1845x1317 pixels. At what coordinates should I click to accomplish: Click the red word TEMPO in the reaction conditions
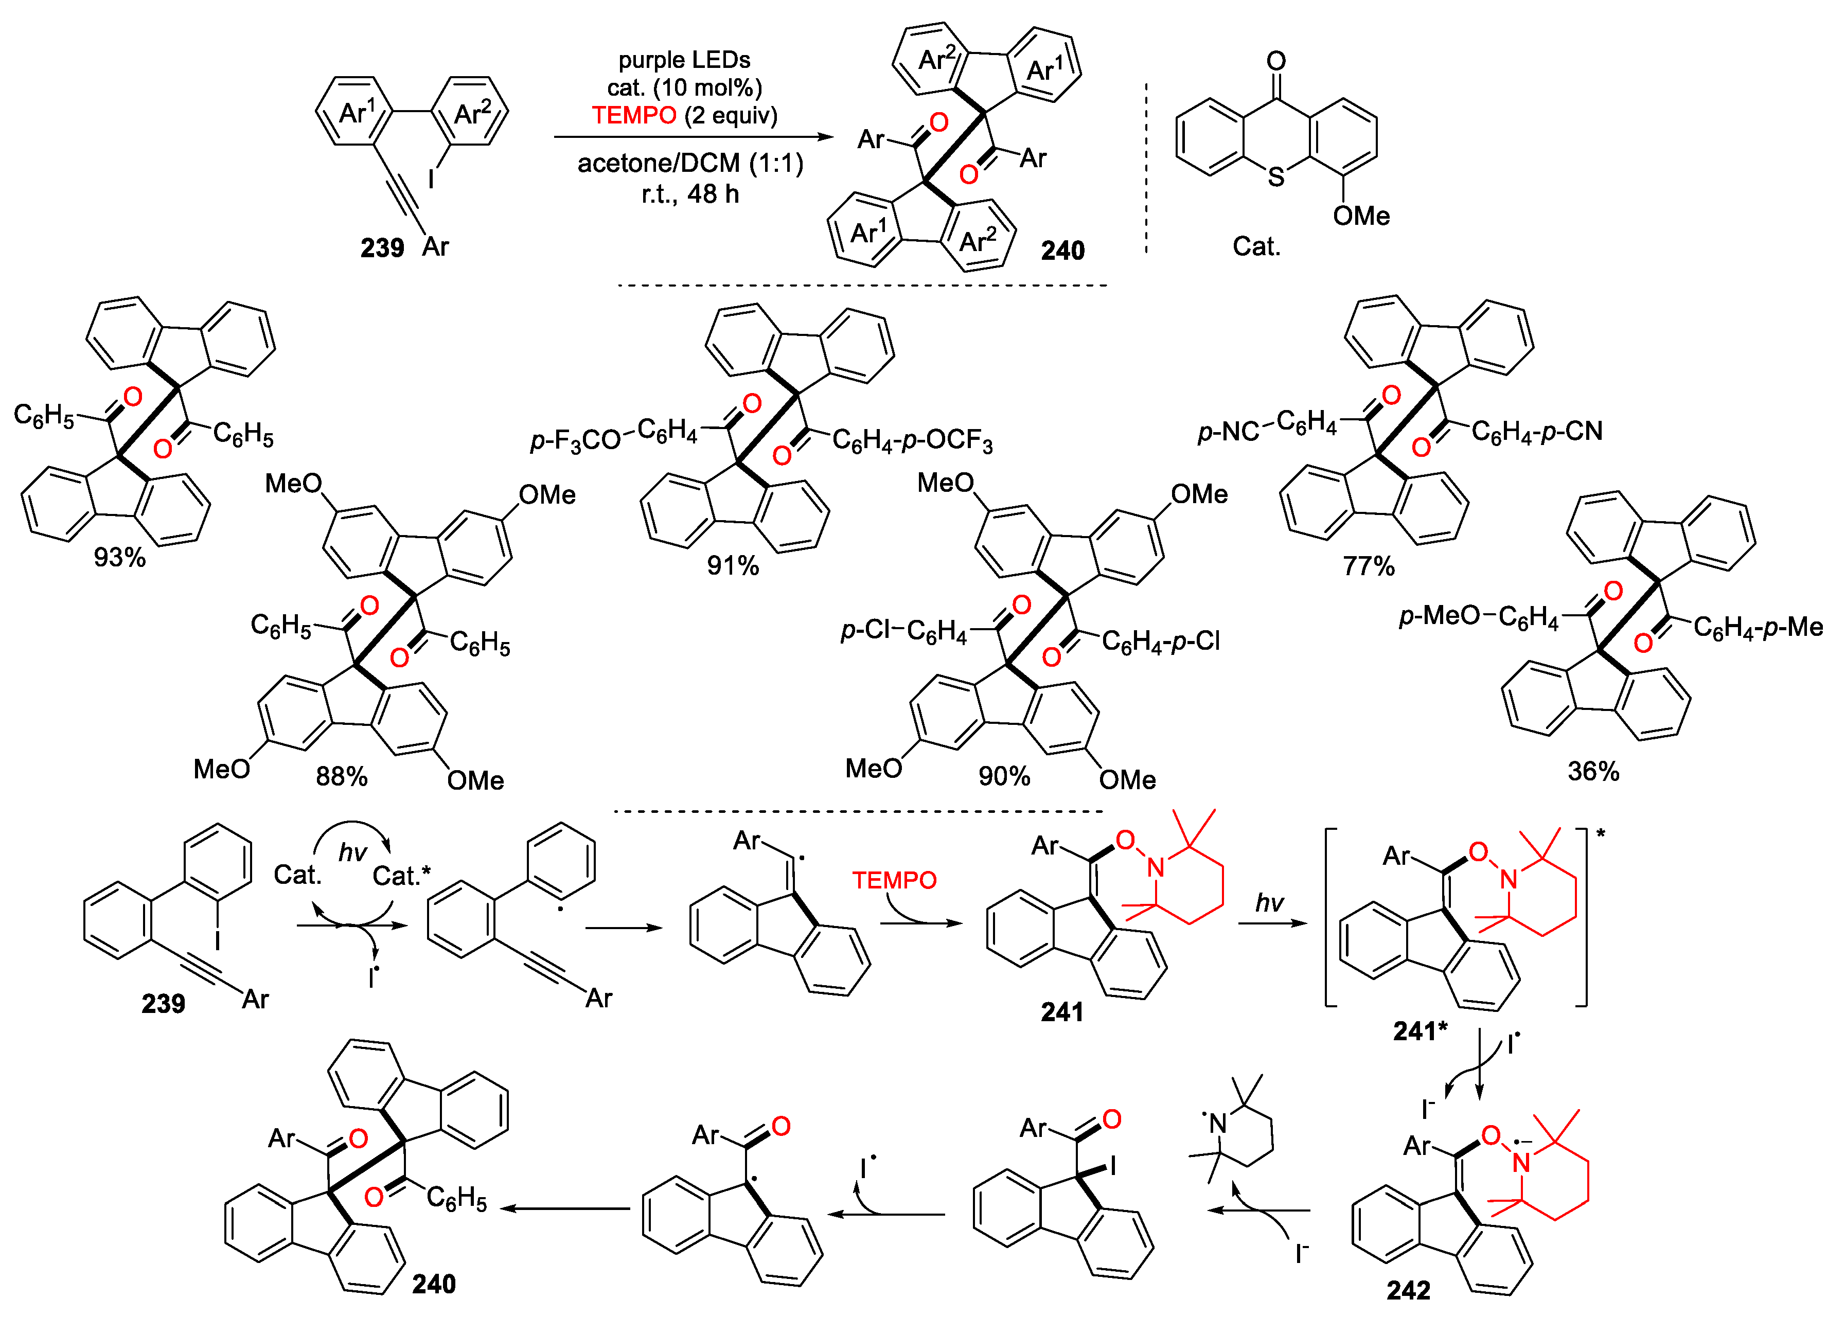[x=633, y=115]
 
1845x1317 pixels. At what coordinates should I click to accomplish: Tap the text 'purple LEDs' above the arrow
[x=684, y=60]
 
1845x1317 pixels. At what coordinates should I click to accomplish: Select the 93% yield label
[x=119, y=557]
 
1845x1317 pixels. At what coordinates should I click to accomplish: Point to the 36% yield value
[x=1593, y=771]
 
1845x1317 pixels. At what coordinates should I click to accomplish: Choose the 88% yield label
[x=342, y=777]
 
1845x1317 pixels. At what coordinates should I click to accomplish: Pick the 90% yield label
[x=1004, y=776]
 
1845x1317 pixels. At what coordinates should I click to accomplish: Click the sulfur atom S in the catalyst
[x=1275, y=177]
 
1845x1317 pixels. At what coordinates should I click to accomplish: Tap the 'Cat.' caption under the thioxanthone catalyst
[x=1256, y=246]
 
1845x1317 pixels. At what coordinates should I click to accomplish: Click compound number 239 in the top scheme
[x=382, y=247]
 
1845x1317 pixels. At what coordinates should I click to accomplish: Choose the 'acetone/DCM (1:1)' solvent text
[x=690, y=164]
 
